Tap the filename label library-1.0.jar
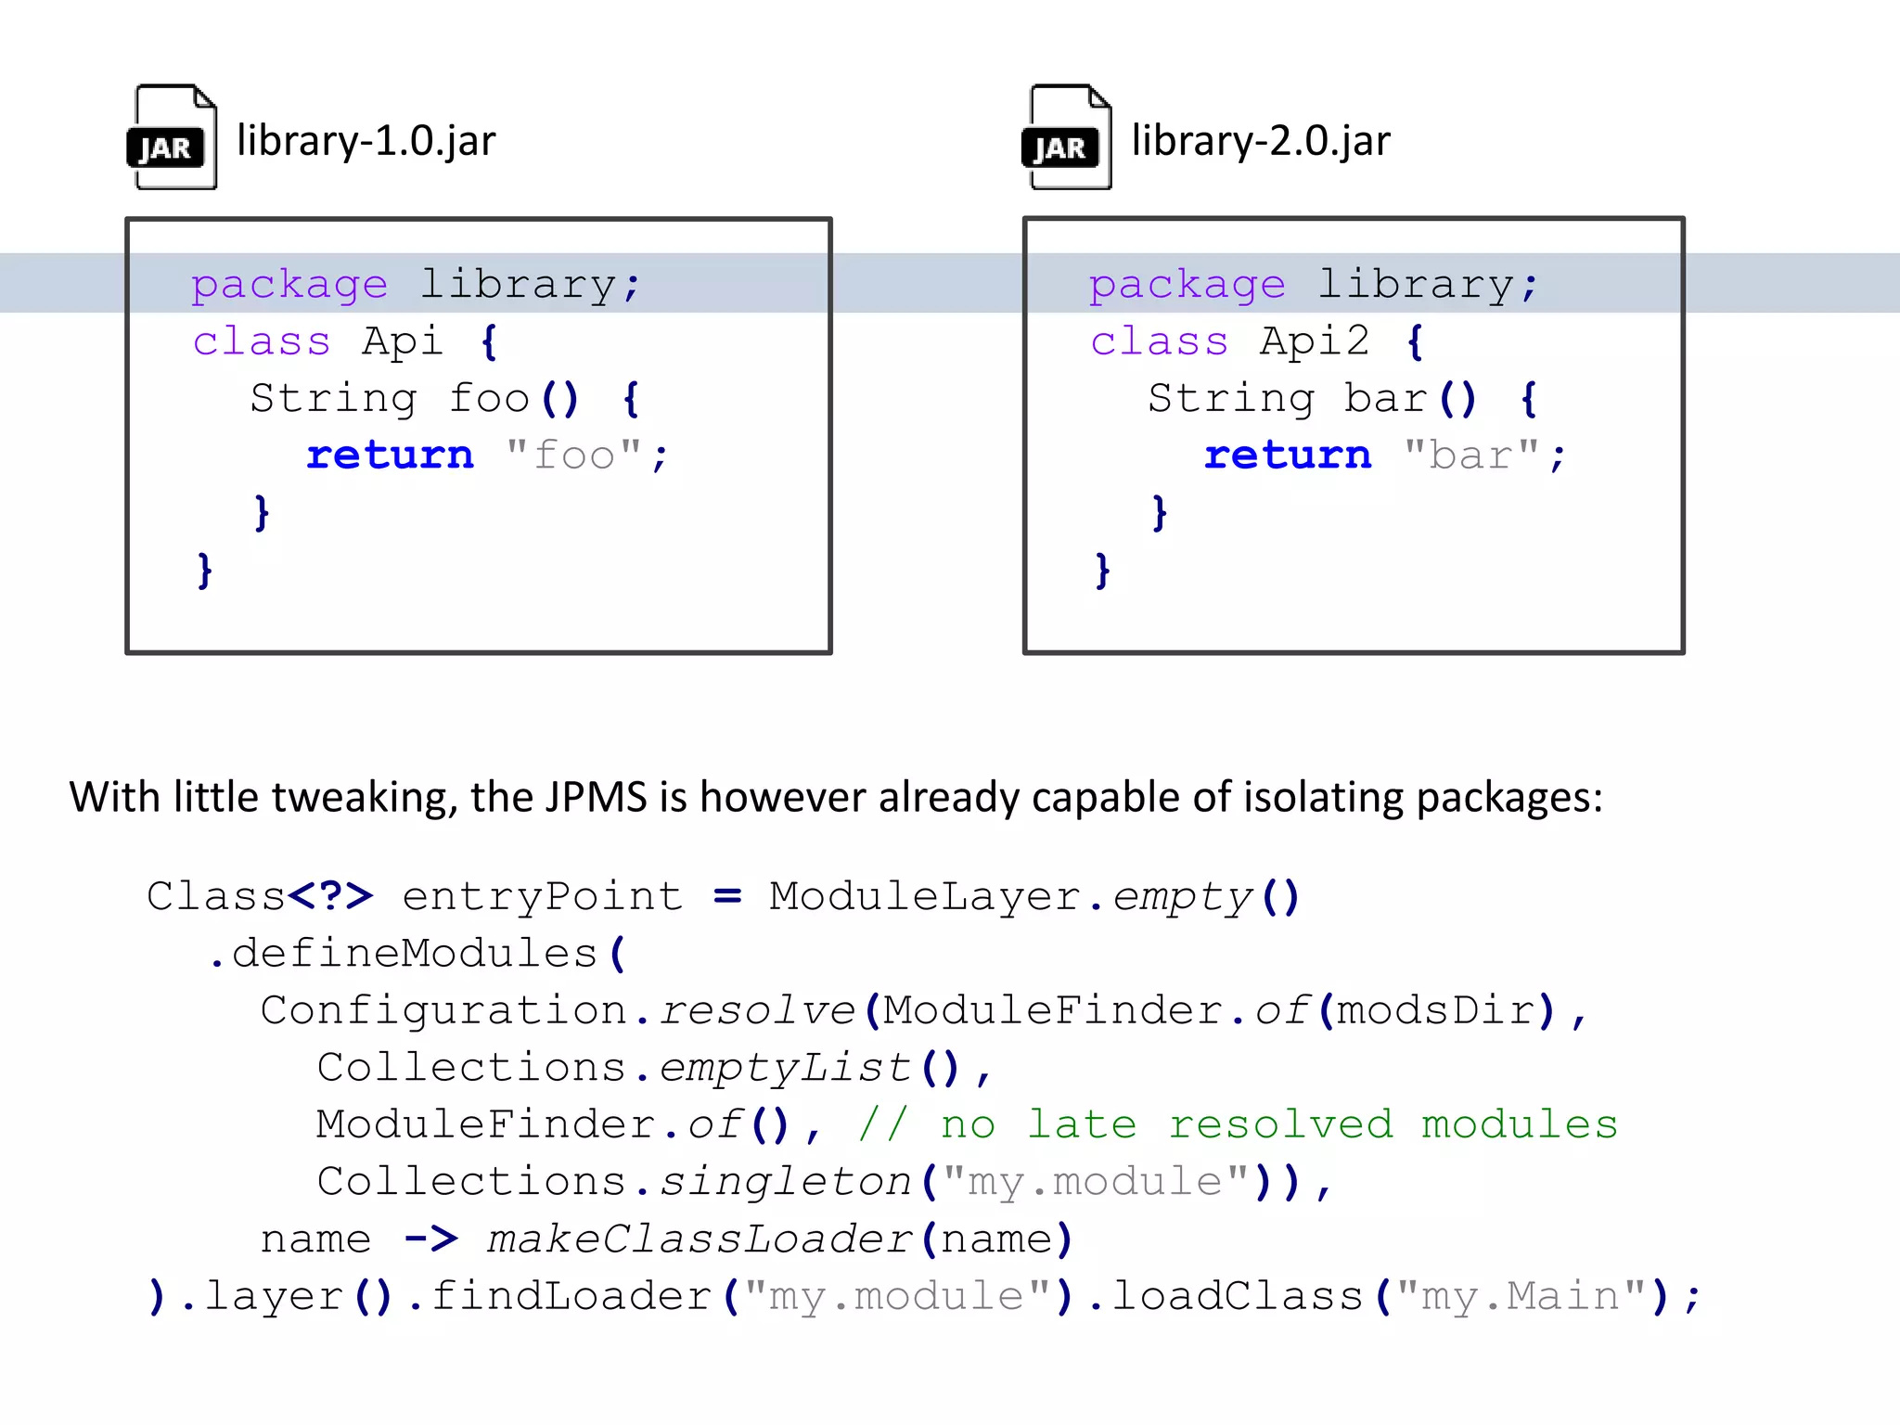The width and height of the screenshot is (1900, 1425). pos(366,141)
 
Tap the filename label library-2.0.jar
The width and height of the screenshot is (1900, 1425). pos(1261,141)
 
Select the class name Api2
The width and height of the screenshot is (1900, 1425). pos(1314,341)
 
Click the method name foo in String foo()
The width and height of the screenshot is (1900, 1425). pos(489,399)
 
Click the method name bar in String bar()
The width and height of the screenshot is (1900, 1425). pos(1385,399)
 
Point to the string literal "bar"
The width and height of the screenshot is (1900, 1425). pos(1471,456)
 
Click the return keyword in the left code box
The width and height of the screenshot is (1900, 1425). pos(390,456)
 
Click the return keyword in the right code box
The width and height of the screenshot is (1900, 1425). pos(1287,456)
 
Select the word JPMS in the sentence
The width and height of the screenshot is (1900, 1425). pos(596,797)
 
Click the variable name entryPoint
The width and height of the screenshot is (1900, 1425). pos(543,896)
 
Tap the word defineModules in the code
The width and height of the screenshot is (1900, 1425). pos(414,954)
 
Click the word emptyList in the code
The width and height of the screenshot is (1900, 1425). pos(785,1068)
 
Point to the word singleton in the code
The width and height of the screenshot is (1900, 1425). pos(785,1182)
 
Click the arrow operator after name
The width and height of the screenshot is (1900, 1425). pos(431,1239)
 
